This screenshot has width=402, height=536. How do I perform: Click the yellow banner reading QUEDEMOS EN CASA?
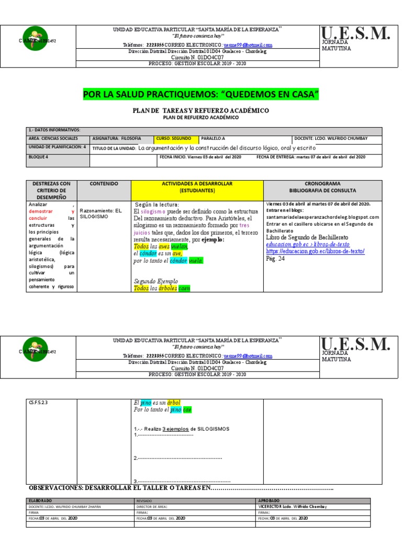(200, 94)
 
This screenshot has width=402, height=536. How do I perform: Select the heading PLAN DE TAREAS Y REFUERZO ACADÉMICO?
(200, 110)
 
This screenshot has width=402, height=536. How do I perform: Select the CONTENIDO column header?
(104, 184)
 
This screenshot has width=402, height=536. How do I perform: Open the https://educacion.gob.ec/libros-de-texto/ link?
(315, 251)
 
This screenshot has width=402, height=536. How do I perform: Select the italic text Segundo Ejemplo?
(156, 281)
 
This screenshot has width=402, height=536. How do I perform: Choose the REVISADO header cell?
(144, 501)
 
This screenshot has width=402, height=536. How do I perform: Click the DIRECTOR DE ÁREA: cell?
(152, 506)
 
